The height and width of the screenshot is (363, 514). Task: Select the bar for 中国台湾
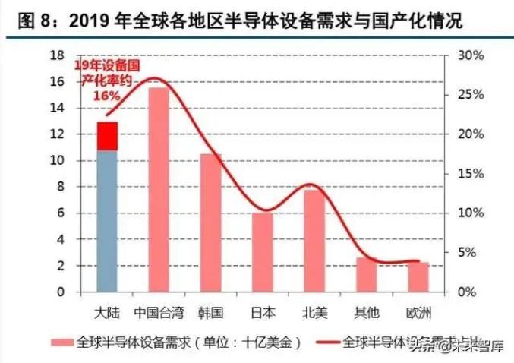pyautogui.click(x=159, y=190)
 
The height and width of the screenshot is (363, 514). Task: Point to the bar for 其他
pyautogui.click(x=366, y=274)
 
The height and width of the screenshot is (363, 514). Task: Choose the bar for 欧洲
pyautogui.click(x=418, y=276)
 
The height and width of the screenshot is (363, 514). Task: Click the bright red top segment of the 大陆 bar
pyautogui.click(x=108, y=136)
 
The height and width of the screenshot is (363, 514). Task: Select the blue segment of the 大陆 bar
pyautogui.click(x=108, y=220)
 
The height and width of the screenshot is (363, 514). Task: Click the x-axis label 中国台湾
pyautogui.click(x=159, y=311)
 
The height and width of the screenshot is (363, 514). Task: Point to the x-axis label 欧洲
pyautogui.click(x=418, y=311)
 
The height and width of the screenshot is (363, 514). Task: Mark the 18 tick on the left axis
pyautogui.click(x=55, y=55)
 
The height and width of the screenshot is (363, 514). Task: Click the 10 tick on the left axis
pyautogui.click(x=55, y=160)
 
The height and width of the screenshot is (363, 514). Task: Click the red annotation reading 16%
pyautogui.click(x=106, y=96)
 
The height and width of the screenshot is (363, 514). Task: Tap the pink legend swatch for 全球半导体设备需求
pyautogui.click(x=62, y=342)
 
